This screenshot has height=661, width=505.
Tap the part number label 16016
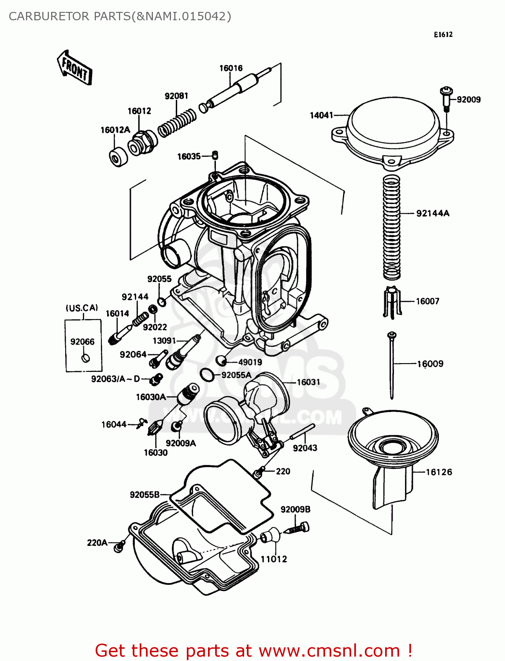(x=231, y=68)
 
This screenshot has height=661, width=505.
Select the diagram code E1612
(x=443, y=35)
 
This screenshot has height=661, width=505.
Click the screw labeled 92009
(x=446, y=100)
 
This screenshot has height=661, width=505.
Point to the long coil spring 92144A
(x=392, y=227)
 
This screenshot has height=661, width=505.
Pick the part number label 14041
(x=321, y=115)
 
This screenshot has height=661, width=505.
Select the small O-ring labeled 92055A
(x=207, y=375)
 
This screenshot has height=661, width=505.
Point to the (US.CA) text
(x=82, y=308)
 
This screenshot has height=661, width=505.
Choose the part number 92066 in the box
(x=82, y=342)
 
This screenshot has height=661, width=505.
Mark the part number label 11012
(x=274, y=559)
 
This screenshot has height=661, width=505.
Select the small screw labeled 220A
(x=119, y=546)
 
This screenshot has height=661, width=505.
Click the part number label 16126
(x=438, y=472)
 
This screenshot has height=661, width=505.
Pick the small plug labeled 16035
(x=215, y=155)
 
